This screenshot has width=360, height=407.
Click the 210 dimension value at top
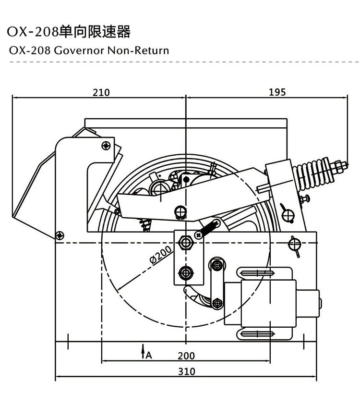(x=101, y=92)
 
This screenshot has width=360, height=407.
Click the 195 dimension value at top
(x=277, y=92)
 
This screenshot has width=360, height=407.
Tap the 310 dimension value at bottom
(x=187, y=371)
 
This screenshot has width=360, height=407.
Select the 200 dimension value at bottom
(x=186, y=356)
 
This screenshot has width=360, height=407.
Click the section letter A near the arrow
(x=149, y=356)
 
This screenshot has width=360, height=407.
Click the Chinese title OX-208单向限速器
(x=69, y=32)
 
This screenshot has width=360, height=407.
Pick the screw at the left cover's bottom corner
(x=60, y=235)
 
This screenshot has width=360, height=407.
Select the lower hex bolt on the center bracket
(x=185, y=272)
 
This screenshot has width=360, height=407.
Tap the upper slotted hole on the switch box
(x=259, y=274)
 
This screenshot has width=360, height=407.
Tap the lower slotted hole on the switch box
(x=259, y=333)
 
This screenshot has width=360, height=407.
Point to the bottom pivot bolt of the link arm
(x=217, y=303)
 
